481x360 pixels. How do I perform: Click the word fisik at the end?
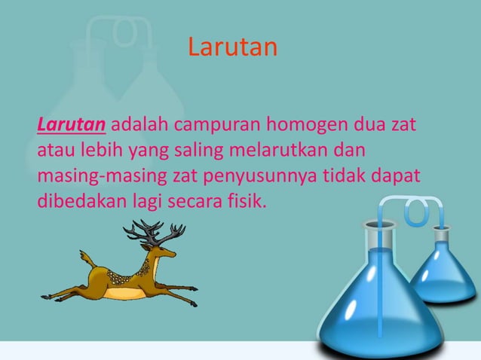(249, 203)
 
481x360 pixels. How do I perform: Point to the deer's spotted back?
(121, 271)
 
